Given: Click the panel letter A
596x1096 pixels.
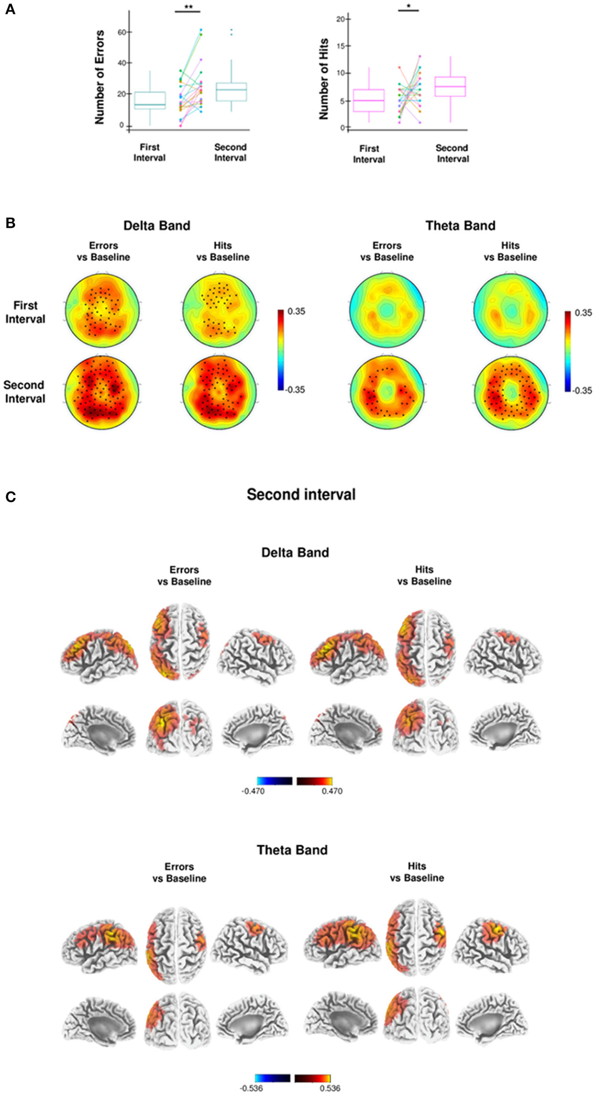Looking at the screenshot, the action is point(10,9).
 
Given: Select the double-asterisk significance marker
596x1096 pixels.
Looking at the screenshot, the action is point(187,7).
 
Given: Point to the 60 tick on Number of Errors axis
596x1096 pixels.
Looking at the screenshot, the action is point(123,32).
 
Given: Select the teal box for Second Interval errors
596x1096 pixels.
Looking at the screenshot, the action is point(231,92).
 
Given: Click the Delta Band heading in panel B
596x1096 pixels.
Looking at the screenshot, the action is point(157,226).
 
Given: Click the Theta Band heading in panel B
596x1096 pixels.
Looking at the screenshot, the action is point(460,226).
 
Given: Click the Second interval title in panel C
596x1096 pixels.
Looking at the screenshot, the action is point(301,494).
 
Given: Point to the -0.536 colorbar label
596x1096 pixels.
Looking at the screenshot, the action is point(251,1088).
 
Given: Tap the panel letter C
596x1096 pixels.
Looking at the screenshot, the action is point(10,497).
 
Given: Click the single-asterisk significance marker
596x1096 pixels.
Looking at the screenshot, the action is point(408,6).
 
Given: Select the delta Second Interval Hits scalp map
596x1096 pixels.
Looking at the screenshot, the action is point(220,393).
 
